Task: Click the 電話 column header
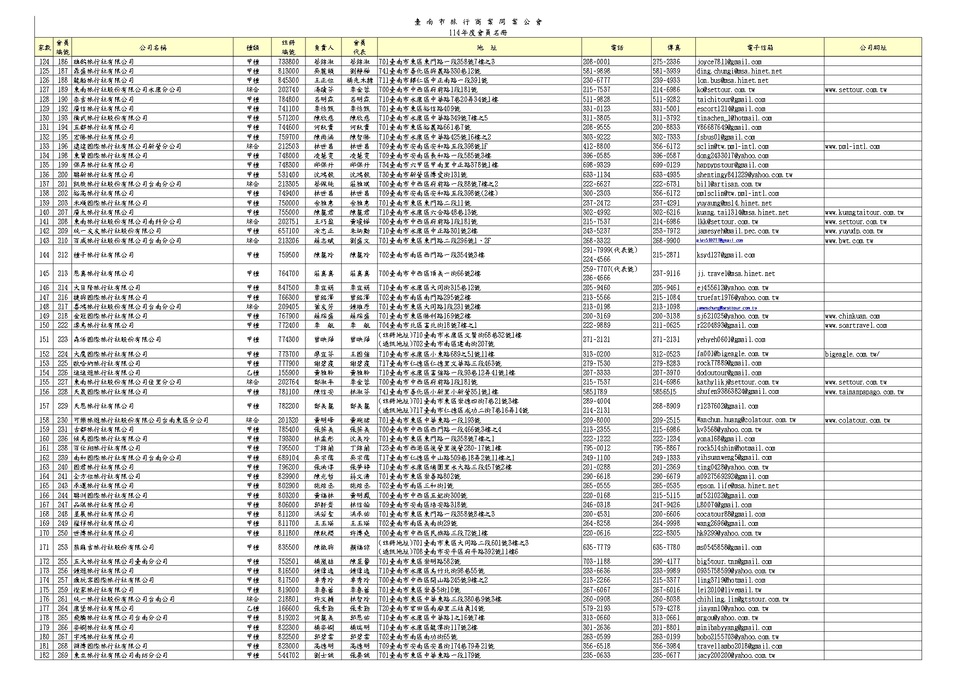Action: click(x=617, y=47)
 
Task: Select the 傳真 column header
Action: click(x=673, y=47)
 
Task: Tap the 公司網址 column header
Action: click(x=872, y=47)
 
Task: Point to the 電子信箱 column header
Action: click(x=760, y=47)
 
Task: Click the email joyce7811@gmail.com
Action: click(x=729, y=62)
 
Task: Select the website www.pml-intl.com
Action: click(x=852, y=146)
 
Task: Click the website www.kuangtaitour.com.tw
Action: click(x=864, y=212)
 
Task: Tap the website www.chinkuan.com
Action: click(x=852, y=316)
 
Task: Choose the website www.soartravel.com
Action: click(x=856, y=325)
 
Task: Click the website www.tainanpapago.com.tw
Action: click(x=864, y=392)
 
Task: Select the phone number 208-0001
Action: click(x=596, y=62)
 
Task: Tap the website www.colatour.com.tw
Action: click(x=857, y=420)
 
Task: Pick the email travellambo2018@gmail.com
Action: click(x=739, y=646)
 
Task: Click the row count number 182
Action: click(x=44, y=655)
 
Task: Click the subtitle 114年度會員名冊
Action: click(x=478, y=33)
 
